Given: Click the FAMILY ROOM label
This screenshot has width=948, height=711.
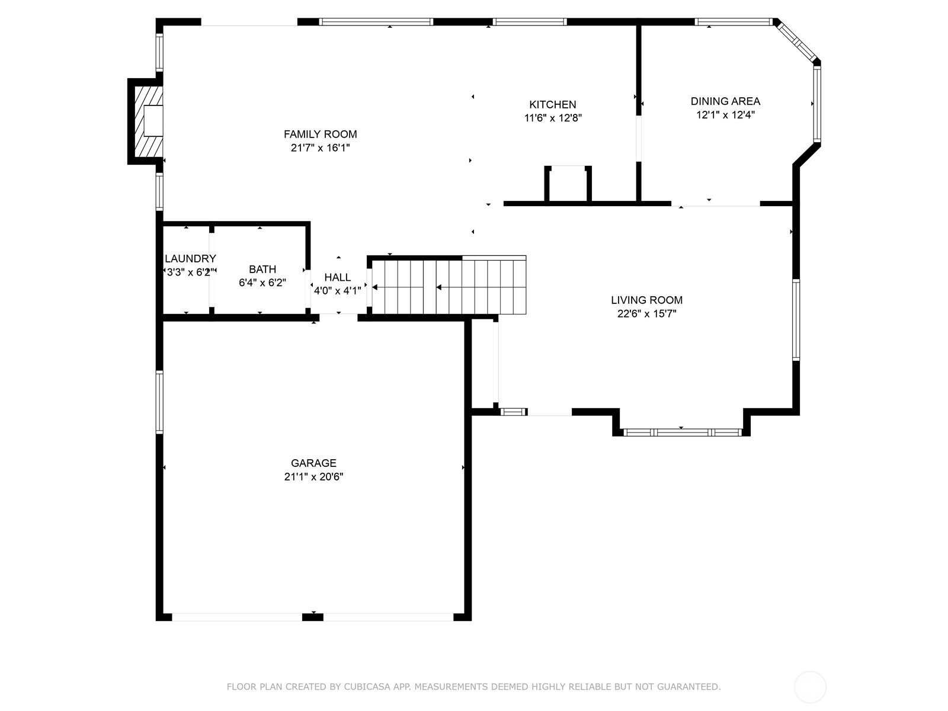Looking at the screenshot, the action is click(x=320, y=134).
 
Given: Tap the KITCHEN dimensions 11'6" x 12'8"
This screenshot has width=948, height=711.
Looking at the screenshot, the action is click(x=553, y=118).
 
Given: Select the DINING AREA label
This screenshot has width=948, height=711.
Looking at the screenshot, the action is click(x=725, y=101).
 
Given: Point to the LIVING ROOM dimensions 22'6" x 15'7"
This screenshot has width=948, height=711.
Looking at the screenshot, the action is click(x=646, y=313).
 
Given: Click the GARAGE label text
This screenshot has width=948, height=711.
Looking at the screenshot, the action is click(x=313, y=463).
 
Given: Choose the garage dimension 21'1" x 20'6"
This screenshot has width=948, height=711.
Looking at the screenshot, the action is click(x=313, y=476).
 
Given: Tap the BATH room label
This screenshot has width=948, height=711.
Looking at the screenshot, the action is click(x=262, y=270).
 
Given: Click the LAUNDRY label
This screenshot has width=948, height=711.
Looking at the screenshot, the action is click(x=190, y=258).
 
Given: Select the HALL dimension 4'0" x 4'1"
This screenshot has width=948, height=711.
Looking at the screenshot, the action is click(x=337, y=290).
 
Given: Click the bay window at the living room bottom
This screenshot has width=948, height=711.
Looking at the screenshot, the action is click(x=683, y=433).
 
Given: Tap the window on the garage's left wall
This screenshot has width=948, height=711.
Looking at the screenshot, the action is click(x=159, y=402).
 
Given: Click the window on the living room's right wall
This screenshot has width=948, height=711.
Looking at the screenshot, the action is click(x=796, y=320).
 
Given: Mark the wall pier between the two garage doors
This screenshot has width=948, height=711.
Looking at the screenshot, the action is click(x=313, y=617).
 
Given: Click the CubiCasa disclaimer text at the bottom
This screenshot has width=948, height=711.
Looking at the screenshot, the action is click(x=474, y=687).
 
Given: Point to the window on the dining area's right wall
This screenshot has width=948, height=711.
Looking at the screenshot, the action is click(x=817, y=104).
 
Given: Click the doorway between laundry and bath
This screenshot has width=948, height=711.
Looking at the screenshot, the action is click(x=212, y=270).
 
